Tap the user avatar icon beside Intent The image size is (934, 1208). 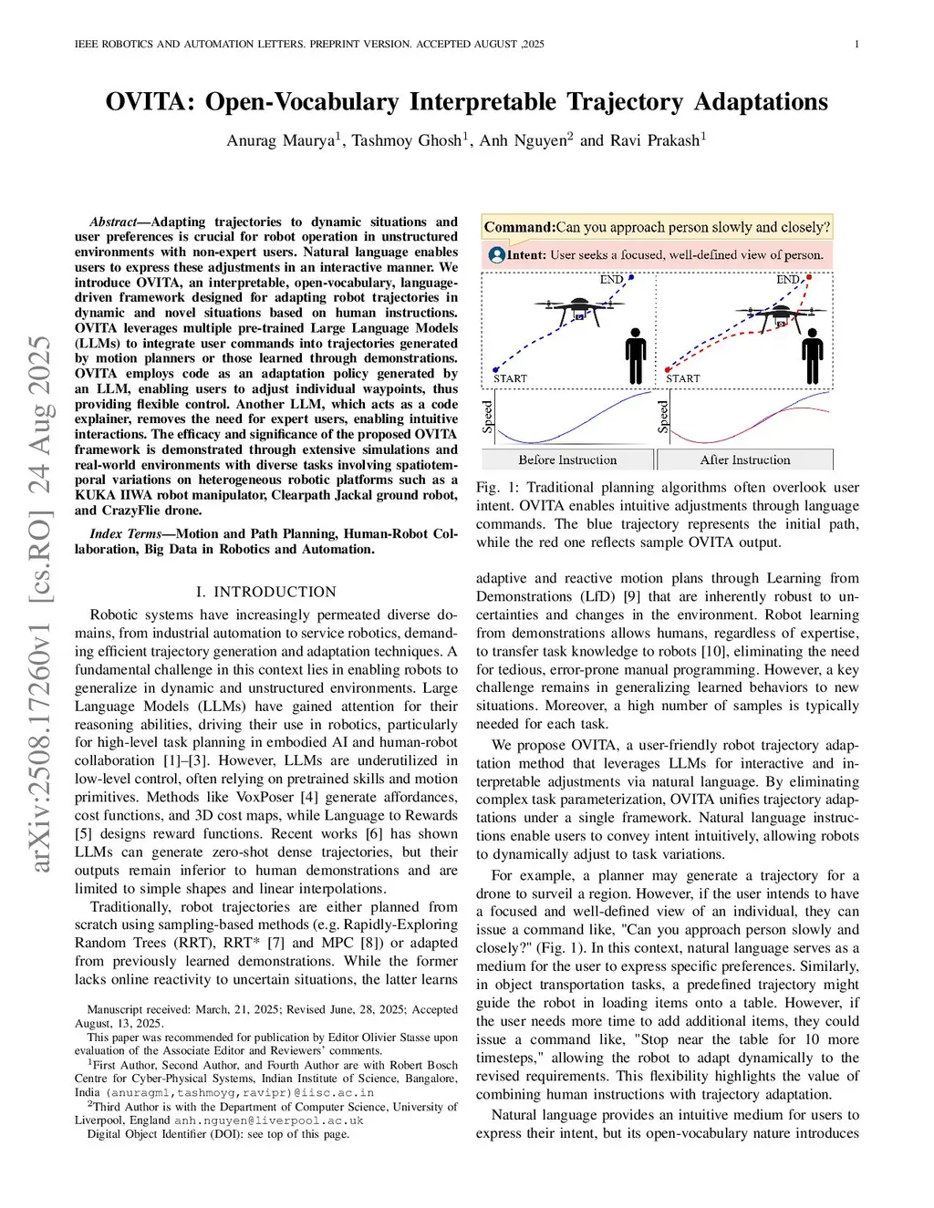point(496,255)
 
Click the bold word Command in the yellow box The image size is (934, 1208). point(519,227)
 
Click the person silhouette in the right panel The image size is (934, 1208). point(812,356)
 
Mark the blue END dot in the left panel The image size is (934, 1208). point(631,276)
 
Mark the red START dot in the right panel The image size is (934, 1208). point(668,369)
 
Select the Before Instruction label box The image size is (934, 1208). point(567,459)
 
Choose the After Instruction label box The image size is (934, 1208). point(744,459)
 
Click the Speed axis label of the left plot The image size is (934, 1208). point(488,416)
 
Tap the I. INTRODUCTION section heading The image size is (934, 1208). point(265,592)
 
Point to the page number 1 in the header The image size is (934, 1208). point(856,44)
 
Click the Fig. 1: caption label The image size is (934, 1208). point(498,488)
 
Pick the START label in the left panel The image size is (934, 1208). point(510,378)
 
